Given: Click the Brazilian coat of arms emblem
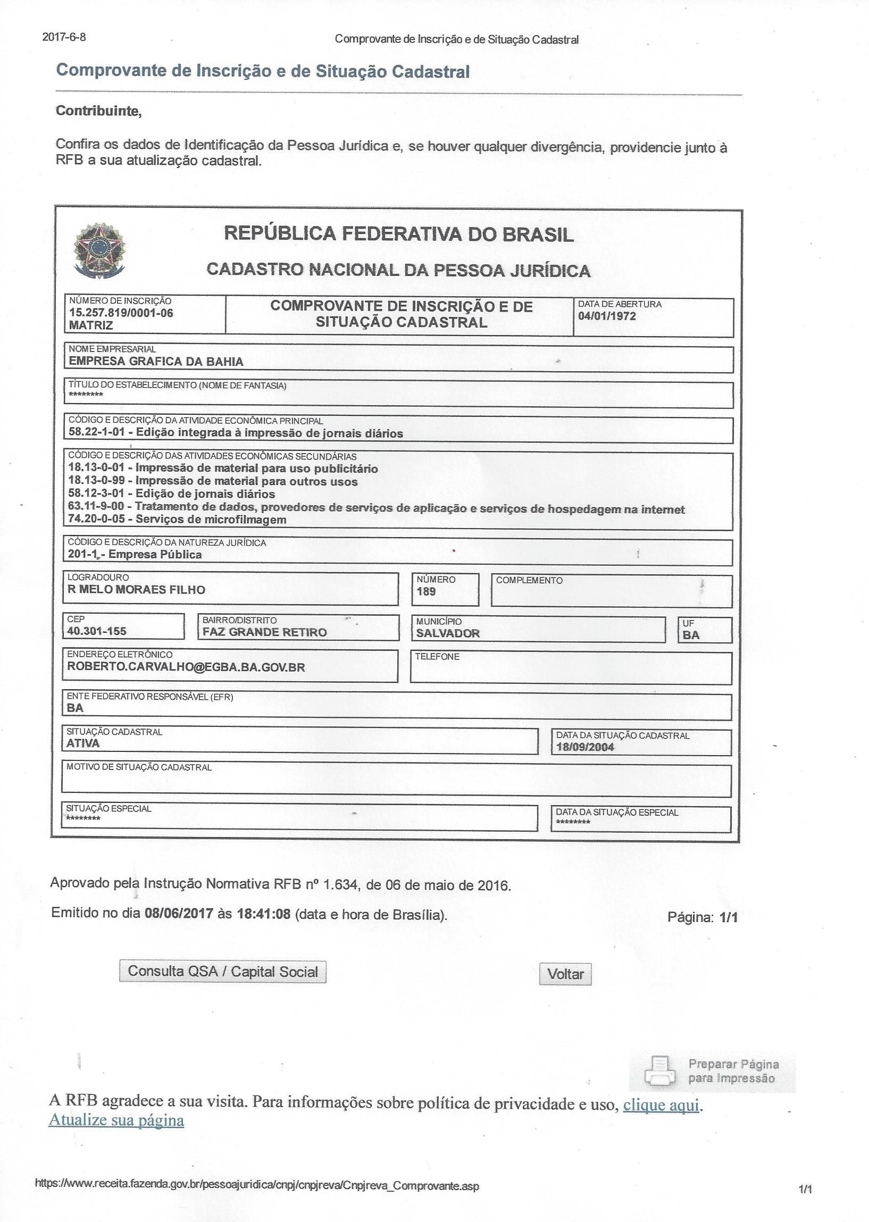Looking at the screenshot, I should [99, 250].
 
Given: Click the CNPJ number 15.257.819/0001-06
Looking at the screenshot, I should [121, 313].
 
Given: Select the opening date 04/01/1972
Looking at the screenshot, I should [607, 316].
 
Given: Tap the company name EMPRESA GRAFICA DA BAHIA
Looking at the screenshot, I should [156, 361].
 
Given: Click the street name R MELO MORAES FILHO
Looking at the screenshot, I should [136, 590].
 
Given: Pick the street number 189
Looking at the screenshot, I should [426, 591].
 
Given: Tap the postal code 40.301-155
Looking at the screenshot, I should [97, 631].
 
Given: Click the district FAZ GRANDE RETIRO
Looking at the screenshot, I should [264, 632].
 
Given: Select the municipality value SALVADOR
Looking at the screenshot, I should [448, 633].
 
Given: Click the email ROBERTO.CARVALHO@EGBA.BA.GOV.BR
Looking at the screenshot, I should [186, 667].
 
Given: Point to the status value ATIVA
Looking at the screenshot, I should [83, 743].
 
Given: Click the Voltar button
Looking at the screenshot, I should [565, 974].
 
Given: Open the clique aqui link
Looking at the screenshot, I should [662, 1104].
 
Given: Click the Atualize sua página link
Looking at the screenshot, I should [116, 1120].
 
